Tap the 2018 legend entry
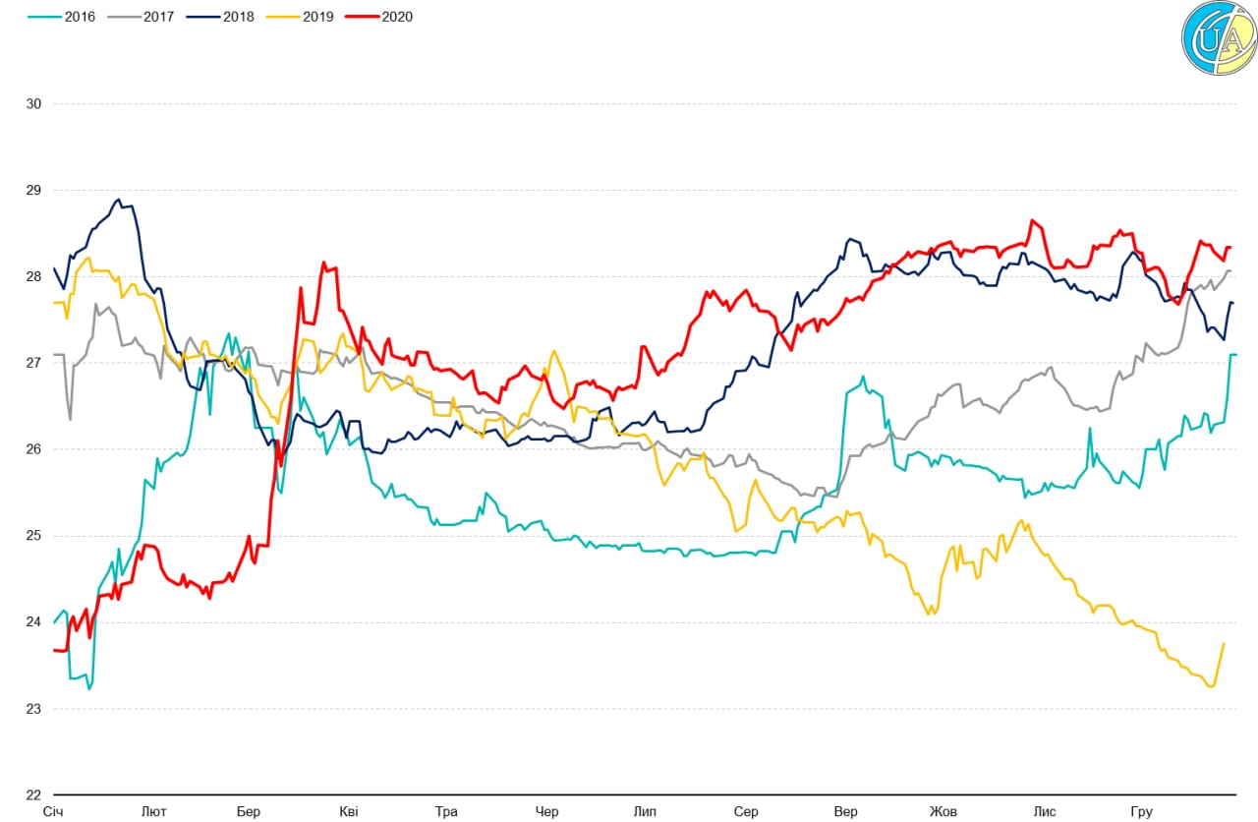tap(220, 16)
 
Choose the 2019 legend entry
tap(300, 16)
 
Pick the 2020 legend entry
tap(379, 16)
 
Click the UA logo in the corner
tap(1218, 38)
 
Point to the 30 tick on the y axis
tap(33, 104)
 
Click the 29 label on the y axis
tap(33, 191)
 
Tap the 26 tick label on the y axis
tap(33, 449)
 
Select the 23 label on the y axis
tap(33, 709)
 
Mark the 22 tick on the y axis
tap(33, 794)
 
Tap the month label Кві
tap(349, 812)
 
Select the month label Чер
tap(546, 812)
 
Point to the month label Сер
tap(746, 812)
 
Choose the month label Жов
tap(943, 812)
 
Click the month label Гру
tap(1141, 812)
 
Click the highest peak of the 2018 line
tap(118, 200)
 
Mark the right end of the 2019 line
tap(1224, 643)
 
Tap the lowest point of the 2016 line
tap(89, 688)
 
